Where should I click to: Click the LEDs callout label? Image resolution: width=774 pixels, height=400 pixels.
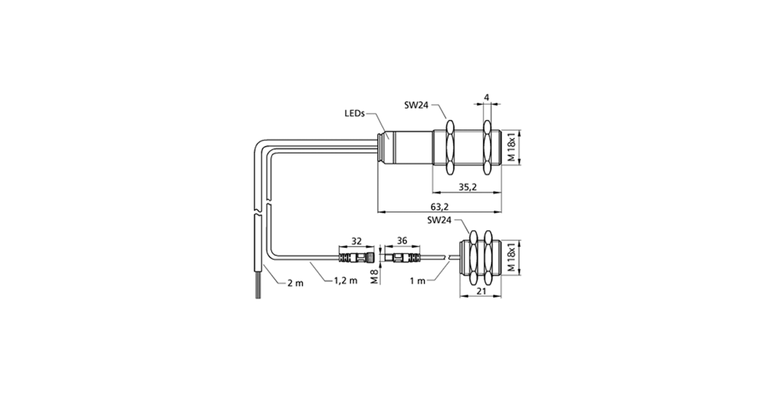pyautogui.click(x=354, y=113)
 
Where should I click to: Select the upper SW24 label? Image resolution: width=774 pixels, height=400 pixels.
pyautogui.click(x=416, y=105)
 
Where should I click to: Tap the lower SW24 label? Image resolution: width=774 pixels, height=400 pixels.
pyautogui.click(x=439, y=220)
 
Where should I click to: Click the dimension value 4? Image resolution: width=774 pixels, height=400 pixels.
pyautogui.click(x=487, y=97)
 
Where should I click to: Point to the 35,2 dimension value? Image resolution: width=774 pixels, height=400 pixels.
pyautogui.click(x=467, y=187)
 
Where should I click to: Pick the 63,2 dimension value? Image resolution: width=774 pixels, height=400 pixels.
pyautogui.click(x=440, y=207)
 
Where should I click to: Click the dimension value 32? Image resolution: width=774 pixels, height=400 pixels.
pyautogui.click(x=356, y=241)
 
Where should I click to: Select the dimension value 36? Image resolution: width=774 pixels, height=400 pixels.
pyautogui.click(x=402, y=241)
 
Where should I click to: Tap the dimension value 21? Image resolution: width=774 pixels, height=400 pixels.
pyautogui.click(x=481, y=291)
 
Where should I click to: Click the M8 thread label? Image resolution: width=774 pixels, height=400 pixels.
pyautogui.click(x=375, y=276)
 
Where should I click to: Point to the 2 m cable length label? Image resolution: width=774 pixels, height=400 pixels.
pyautogui.click(x=296, y=284)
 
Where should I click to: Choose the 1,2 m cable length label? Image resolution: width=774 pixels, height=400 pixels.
pyautogui.click(x=346, y=280)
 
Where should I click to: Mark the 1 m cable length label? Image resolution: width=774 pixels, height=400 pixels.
pyautogui.click(x=417, y=281)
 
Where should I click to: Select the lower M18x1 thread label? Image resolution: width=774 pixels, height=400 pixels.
pyautogui.click(x=512, y=257)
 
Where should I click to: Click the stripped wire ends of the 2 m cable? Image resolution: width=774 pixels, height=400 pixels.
pyautogui.click(x=258, y=289)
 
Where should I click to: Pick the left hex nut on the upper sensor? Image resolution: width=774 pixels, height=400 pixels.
pyautogui.click(x=450, y=147)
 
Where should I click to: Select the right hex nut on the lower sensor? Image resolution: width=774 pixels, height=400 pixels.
pyautogui.click(x=488, y=257)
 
